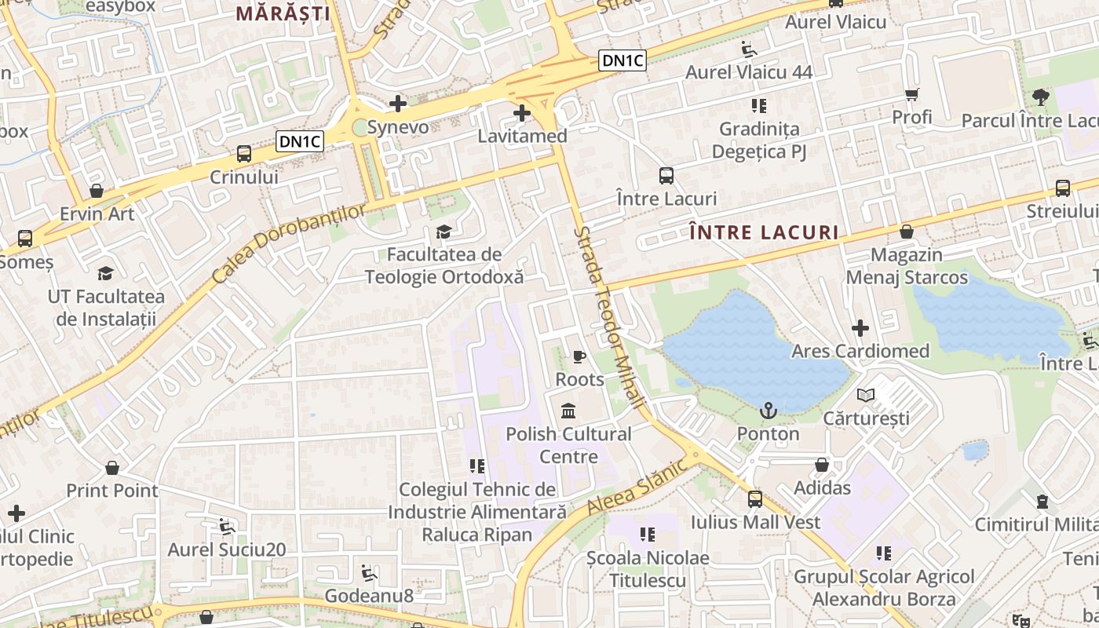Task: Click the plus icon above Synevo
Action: [398, 103]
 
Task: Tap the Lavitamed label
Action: [522, 136]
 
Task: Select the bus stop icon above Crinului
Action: [244, 153]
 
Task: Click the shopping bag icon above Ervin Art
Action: [97, 191]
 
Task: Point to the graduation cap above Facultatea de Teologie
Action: [444, 232]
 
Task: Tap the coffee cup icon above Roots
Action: [579, 357]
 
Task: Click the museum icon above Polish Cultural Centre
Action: [568, 411]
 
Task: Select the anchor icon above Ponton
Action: [768, 411]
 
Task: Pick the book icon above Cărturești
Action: [866, 395]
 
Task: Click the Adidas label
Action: [822, 487]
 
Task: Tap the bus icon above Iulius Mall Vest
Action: [755, 498]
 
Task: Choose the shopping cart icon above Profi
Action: [911, 95]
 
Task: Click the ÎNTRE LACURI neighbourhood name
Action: [763, 232]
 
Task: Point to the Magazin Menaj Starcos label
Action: [907, 266]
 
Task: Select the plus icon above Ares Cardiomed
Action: [860, 327]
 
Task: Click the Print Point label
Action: [112, 491]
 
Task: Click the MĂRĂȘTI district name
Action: [283, 13]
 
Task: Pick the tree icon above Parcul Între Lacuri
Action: [1041, 98]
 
